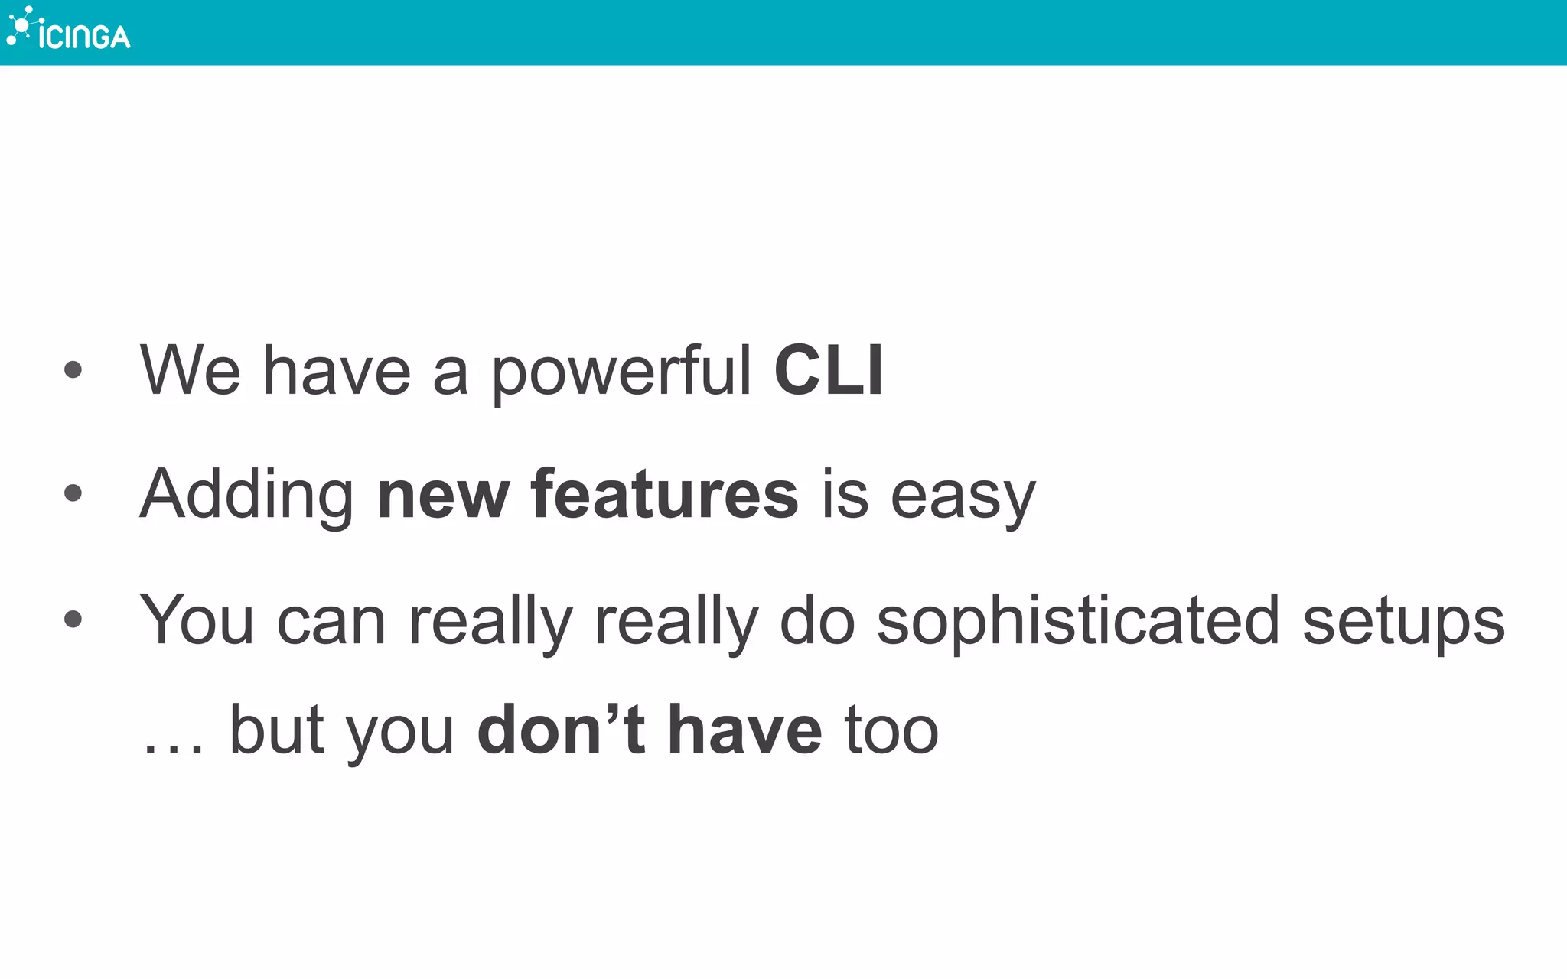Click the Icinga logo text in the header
click(84, 36)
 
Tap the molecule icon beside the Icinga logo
click(20, 24)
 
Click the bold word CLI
click(829, 371)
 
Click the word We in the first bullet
click(191, 371)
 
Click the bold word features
click(664, 495)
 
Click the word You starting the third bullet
click(197, 620)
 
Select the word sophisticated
click(1078, 622)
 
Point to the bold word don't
click(562, 730)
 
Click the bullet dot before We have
click(73, 371)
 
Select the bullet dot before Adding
click(73, 494)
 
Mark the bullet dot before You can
click(73, 619)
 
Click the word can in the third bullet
click(331, 622)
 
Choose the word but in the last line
click(276, 730)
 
